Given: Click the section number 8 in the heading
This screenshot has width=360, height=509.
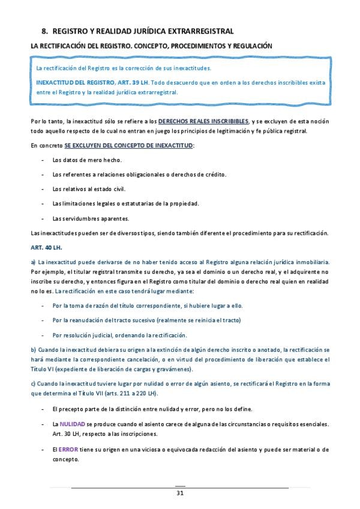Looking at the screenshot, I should (44, 31).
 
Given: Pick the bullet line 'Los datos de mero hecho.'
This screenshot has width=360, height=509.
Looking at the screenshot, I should (86, 160).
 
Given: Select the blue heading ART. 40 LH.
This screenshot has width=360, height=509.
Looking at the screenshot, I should (46, 247).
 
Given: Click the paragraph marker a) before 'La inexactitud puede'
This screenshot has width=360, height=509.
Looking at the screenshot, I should (33, 262).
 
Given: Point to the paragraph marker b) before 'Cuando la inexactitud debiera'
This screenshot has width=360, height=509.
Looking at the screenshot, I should (33, 350).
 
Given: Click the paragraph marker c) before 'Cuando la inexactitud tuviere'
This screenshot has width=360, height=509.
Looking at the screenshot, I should (33, 383).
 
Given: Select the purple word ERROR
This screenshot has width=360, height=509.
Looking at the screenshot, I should (67, 448).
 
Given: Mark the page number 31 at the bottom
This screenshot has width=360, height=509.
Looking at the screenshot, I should (179, 493).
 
